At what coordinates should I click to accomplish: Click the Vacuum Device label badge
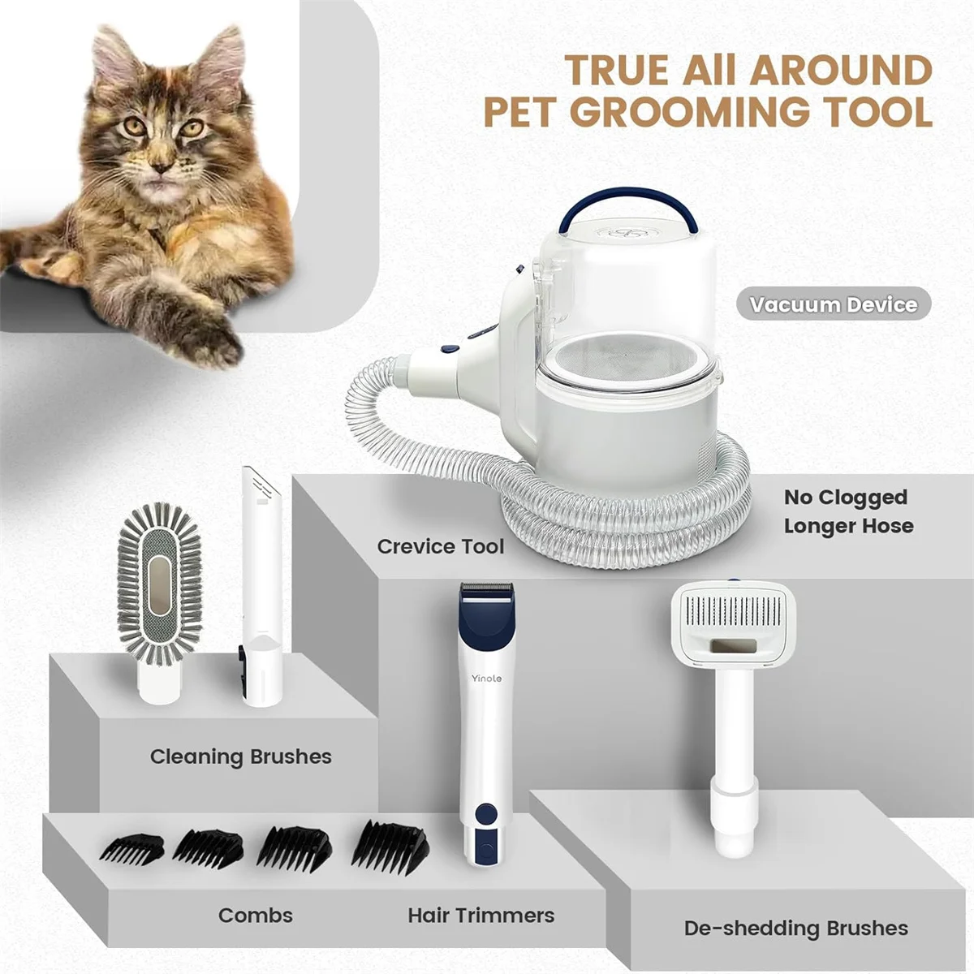click(x=833, y=305)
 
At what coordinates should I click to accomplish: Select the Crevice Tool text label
click(x=440, y=546)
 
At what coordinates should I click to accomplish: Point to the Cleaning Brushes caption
click(x=240, y=756)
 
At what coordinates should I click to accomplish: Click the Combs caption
click(x=255, y=916)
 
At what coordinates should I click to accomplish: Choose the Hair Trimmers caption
click(x=481, y=916)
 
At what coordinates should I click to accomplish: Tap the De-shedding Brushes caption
click(x=795, y=928)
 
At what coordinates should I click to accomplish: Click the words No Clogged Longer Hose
click(x=847, y=511)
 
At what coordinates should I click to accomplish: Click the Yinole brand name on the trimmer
click(x=487, y=679)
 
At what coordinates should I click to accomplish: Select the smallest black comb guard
click(x=131, y=849)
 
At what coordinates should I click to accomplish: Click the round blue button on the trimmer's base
click(x=487, y=813)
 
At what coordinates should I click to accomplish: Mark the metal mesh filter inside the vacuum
click(x=624, y=356)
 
